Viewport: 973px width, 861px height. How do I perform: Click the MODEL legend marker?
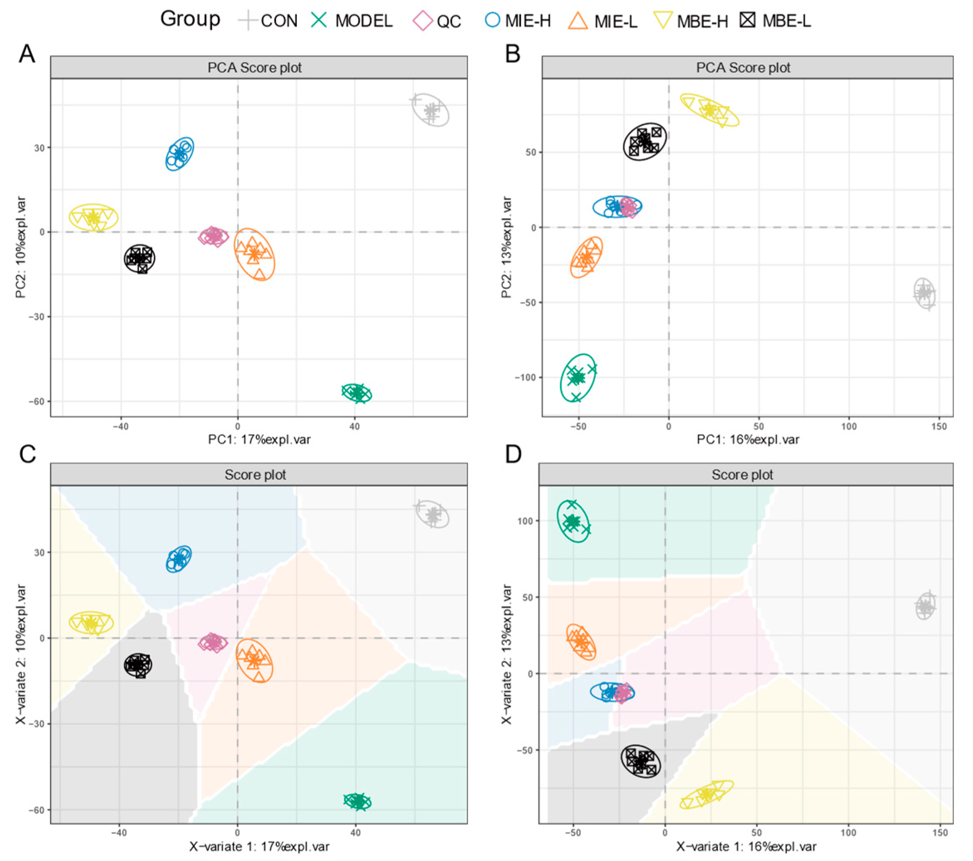318,20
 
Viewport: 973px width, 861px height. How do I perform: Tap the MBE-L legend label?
786,21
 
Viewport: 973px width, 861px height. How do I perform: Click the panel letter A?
27,54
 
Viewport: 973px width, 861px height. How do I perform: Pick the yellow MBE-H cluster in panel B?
709,110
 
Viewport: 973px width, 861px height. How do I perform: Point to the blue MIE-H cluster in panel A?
179,153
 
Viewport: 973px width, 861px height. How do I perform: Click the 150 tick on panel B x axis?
939,427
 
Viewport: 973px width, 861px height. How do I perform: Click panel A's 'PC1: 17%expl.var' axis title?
259,439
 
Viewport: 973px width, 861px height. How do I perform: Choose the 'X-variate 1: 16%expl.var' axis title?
746,846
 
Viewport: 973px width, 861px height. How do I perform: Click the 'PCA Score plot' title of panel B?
743,68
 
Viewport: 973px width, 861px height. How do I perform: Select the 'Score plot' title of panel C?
255,475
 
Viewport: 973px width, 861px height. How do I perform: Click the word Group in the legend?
190,19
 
